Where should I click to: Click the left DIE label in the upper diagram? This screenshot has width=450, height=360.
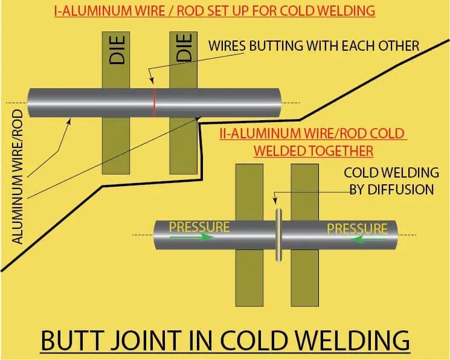pos(117,50)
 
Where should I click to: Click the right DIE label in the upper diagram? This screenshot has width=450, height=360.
pos(185,47)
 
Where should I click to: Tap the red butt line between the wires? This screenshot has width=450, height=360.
pos(154,103)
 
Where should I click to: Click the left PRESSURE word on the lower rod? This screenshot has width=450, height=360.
pos(199,227)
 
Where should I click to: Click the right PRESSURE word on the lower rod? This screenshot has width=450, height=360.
pos(356,228)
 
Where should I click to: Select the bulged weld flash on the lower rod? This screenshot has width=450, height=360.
pos(279,234)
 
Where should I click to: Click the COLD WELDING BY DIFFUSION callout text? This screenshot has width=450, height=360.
pos(389,181)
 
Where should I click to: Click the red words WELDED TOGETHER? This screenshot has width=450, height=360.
pos(313,149)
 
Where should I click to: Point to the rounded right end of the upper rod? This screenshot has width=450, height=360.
pos(278,103)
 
